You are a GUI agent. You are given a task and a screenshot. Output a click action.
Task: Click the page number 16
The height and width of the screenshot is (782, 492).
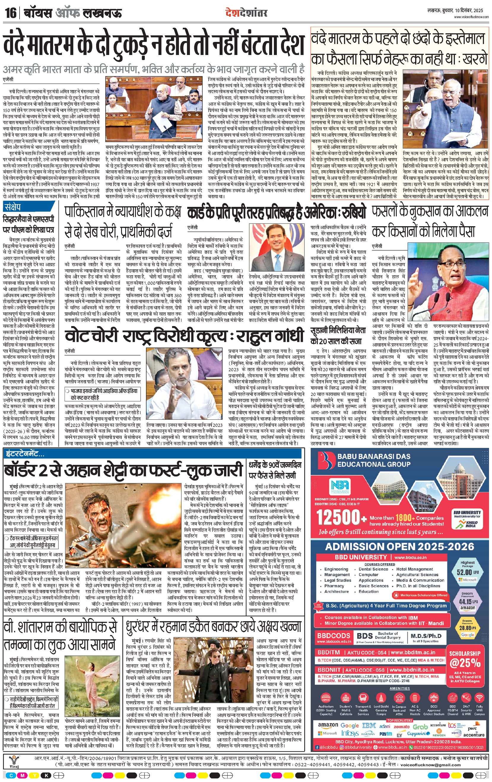[10, 13]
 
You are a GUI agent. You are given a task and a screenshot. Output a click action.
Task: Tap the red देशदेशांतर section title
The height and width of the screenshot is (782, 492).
[247, 13]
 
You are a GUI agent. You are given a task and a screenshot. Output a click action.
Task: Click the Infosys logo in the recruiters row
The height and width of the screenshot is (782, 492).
[349, 733]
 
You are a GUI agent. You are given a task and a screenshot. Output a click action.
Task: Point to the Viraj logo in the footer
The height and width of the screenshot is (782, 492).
[13, 762]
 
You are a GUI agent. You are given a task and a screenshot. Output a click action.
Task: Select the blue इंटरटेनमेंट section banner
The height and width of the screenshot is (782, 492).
[24, 453]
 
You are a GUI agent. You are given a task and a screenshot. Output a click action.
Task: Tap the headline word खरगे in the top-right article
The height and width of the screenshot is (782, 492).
[474, 59]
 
